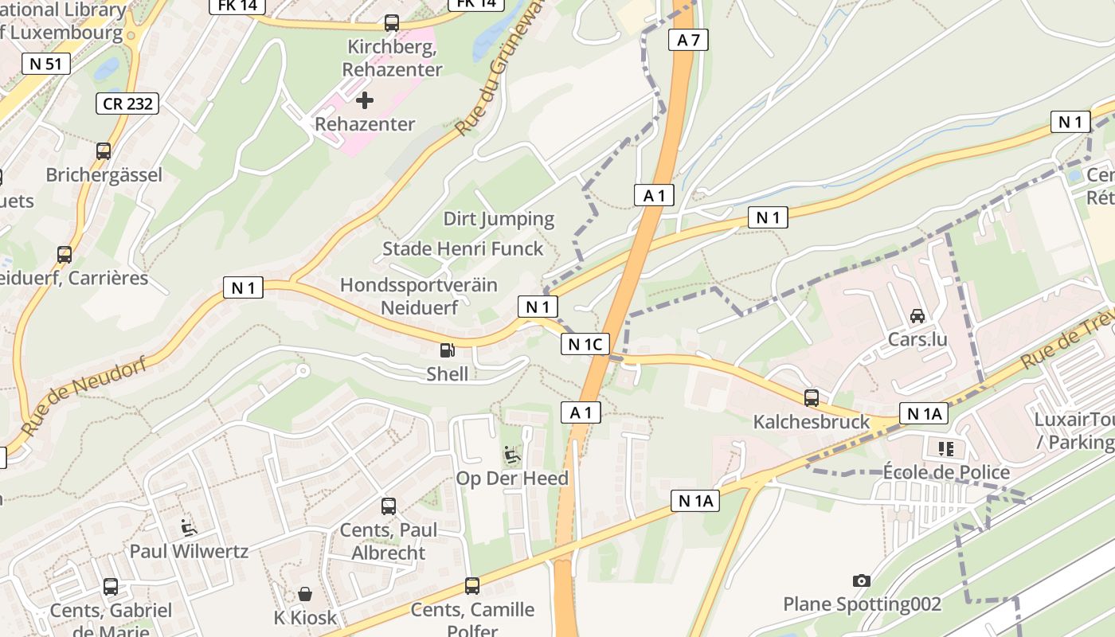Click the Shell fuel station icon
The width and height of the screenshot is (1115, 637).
coord(448,350)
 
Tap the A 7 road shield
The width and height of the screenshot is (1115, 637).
coord(688,41)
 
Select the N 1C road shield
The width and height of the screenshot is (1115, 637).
coord(585,344)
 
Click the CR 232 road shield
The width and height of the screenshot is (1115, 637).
coord(127,104)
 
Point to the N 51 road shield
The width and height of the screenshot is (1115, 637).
coord(46,64)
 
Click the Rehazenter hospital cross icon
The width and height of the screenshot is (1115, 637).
coord(365,100)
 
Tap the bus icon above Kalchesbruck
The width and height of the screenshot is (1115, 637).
coord(812,397)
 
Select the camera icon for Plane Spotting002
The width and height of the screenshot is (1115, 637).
coord(861,580)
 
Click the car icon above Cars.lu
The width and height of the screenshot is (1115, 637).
coord(917,316)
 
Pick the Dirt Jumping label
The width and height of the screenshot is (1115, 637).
coord(499,219)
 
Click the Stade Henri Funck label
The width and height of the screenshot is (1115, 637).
coord(463,248)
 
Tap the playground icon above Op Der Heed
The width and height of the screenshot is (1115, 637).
coord(512,455)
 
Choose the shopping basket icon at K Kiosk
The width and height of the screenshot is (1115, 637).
coord(305,594)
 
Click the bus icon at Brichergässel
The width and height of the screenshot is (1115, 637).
coord(104,151)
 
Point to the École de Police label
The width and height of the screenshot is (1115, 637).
coord(946,472)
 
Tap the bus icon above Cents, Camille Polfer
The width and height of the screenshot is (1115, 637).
coord(472,586)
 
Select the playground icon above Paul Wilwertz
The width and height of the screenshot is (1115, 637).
coord(189,527)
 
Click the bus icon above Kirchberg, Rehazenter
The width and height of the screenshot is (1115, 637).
coord(391,23)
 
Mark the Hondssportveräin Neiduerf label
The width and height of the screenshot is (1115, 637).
coord(418,295)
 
